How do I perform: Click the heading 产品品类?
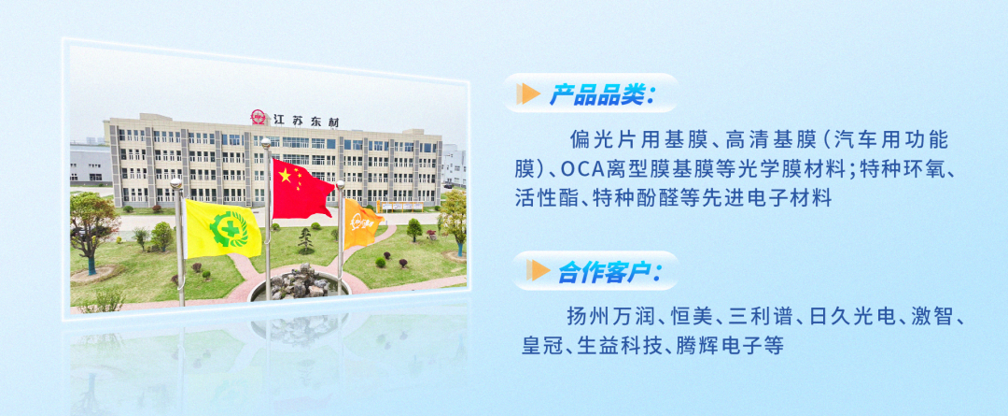pos(600,94)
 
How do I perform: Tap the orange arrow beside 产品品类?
pos(528,94)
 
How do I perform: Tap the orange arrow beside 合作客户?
pos(539,270)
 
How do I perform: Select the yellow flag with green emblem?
pos(222,228)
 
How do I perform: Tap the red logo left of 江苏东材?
pos(259,118)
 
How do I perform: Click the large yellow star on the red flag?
pos(284,175)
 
